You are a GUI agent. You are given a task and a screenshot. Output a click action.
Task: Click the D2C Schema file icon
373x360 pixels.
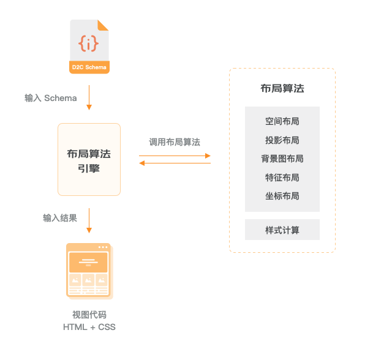coord(89,47)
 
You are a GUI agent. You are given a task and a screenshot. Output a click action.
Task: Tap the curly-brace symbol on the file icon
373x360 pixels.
coord(89,43)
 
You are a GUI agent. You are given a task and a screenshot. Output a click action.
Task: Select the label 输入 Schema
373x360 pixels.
coord(51,98)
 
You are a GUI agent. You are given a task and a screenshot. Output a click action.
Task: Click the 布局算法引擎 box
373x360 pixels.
coord(89,160)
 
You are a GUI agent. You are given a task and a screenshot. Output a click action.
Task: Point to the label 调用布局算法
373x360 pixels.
coord(175,142)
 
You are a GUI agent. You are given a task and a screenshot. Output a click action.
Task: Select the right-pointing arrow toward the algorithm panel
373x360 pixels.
coord(175,156)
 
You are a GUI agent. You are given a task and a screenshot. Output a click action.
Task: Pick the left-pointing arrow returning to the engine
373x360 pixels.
coord(175,163)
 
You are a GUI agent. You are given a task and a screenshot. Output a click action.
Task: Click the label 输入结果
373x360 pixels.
coord(59,217)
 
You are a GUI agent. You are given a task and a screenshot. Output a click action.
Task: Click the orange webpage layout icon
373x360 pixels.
coord(89,271)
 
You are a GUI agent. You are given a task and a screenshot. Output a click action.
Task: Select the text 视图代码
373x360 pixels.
coord(89,315)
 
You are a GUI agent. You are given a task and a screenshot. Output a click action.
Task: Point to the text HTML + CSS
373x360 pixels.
coord(89,327)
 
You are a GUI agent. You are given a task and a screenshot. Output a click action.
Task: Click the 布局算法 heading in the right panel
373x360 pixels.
coord(282,89)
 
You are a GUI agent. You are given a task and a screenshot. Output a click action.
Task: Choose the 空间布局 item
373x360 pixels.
coord(282,122)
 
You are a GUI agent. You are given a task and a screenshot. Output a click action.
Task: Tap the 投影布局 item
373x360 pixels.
coord(282,140)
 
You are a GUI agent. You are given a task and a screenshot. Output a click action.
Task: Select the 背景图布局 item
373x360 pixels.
coord(282,159)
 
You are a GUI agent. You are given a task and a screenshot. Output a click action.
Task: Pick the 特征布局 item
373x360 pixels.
coord(282,178)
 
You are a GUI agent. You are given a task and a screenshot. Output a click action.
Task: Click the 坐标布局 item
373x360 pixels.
coord(282,196)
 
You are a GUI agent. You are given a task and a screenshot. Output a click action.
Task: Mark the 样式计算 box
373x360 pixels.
coord(282,230)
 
